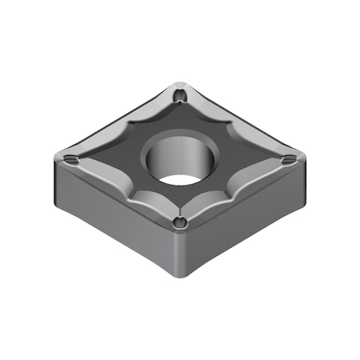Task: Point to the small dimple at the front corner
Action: tap(179, 222)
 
